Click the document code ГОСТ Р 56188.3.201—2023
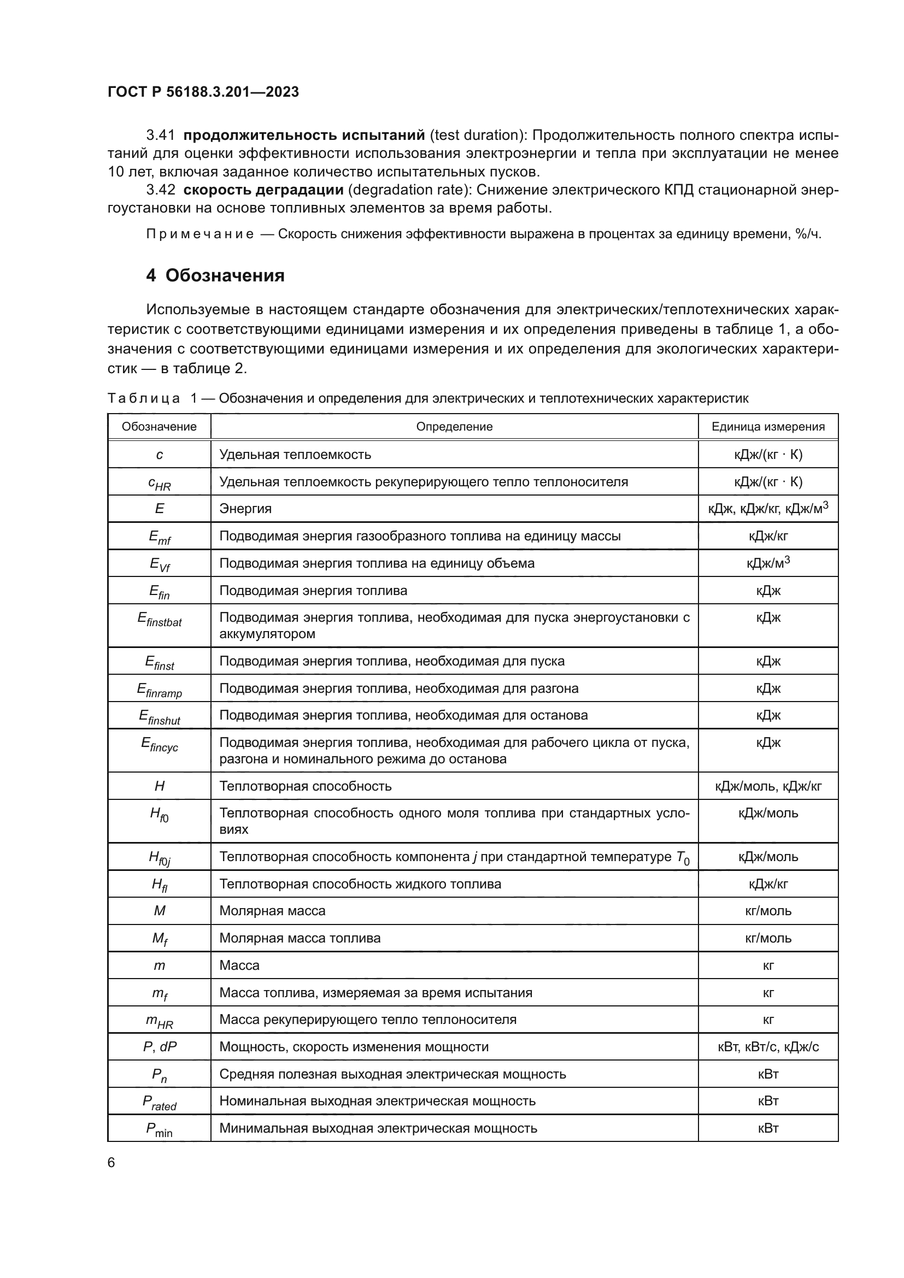coord(203,92)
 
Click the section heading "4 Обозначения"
coord(215,275)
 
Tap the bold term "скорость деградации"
coord(263,190)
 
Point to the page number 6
coord(111,1163)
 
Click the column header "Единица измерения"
coord(767,426)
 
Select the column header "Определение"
coord(454,426)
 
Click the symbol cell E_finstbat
coord(159,620)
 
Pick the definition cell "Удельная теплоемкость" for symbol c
coord(295,454)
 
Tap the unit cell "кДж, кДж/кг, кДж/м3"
coord(767,508)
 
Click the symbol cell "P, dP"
coord(159,1046)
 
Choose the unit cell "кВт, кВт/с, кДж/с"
coord(767,1046)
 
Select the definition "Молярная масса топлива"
coord(300,938)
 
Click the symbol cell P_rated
coord(159,1102)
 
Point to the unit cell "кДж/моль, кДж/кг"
coord(767,786)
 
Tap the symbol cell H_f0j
coord(159,858)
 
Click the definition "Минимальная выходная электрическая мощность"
coord(378,1128)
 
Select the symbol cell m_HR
coord(159,1020)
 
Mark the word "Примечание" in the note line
coord(200,234)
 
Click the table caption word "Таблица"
coord(144,398)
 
